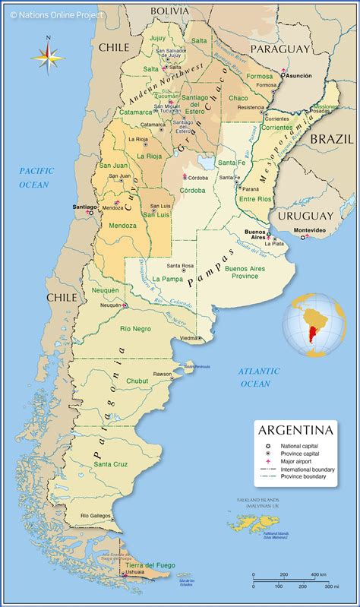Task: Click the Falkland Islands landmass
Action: click(x=250, y=523)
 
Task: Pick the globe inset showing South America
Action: click(x=314, y=324)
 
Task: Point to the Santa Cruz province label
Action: click(x=109, y=463)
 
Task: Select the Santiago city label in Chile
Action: click(x=84, y=206)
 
